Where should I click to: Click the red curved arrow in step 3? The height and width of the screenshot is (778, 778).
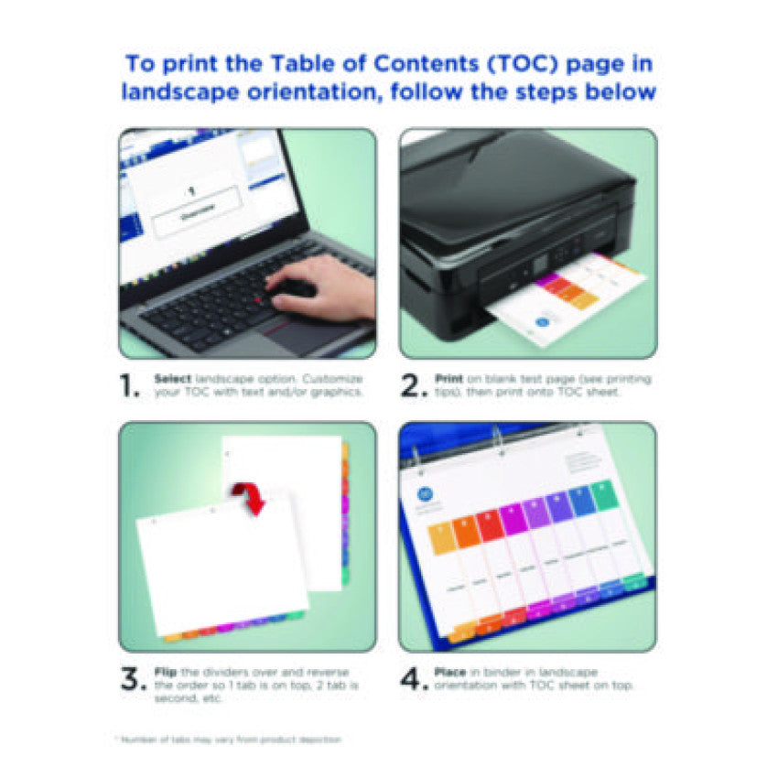coord(249,497)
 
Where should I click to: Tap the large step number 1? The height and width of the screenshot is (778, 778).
coord(130,385)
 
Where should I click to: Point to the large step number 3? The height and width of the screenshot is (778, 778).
coord(132,679)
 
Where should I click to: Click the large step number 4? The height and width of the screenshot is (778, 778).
coord(413,679)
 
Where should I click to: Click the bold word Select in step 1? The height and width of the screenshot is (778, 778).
coord(173,378)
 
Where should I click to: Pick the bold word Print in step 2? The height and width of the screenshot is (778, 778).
coord(448,378)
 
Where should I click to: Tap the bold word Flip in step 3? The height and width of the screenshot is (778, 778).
coord(166,672)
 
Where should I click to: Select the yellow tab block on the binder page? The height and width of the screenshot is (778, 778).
coord(442,537)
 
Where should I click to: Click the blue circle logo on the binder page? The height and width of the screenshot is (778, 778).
coord(423,492)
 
